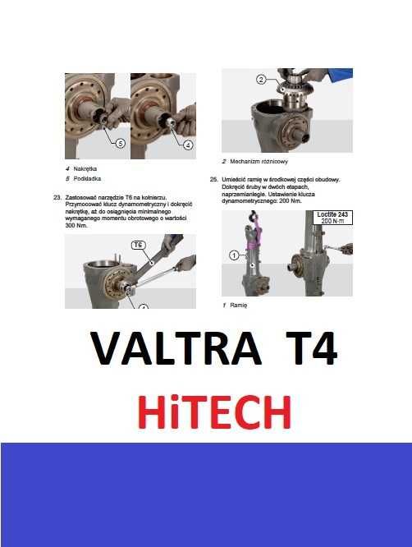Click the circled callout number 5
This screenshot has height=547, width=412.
point(121,143)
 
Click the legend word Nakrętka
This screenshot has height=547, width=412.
point(85,169)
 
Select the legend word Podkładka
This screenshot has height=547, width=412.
point(86,178)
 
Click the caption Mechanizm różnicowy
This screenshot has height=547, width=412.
point(259,162)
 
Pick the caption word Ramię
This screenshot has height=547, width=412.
point(240,305)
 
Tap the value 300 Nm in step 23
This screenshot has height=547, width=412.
point(76,226)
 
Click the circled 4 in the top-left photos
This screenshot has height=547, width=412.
point(187,145)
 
